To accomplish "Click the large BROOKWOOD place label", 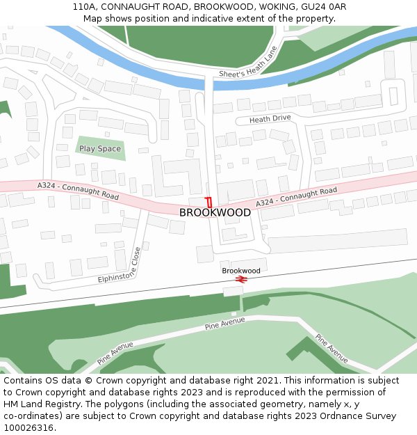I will point(215,212).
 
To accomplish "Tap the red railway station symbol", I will point(242,279).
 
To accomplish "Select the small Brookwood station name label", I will point(241,270).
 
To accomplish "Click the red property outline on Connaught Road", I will point(208,203).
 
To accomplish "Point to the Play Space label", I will point(100,149).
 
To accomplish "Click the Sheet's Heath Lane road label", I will point(248,63).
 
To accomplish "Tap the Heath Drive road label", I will point(270,118).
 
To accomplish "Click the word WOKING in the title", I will point(275,7).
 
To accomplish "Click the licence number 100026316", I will point(28,428).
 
